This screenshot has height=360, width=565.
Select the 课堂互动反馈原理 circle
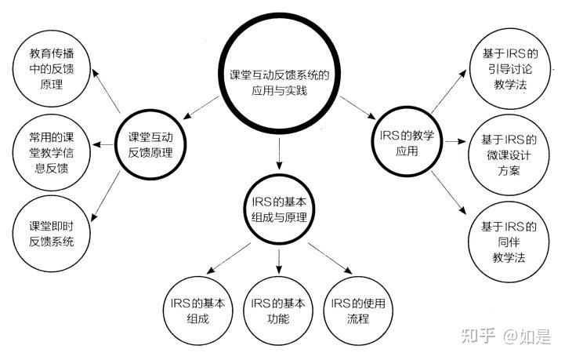[x=155, y=144]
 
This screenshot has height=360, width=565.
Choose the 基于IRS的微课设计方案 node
[x=509, y=155]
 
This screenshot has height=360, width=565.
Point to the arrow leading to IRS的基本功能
[x=278, y=258]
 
